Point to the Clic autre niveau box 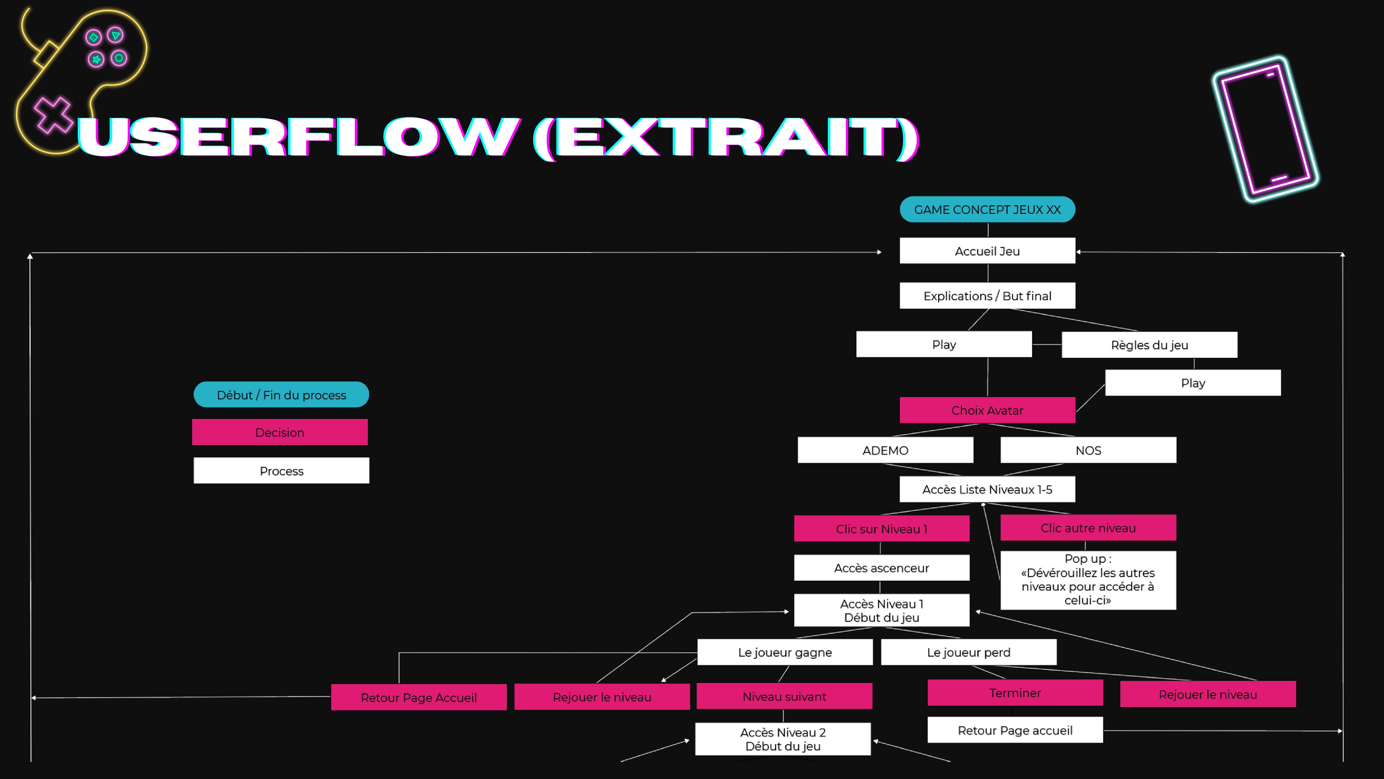coord(1088,528)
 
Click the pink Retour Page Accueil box coord(418,697)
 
